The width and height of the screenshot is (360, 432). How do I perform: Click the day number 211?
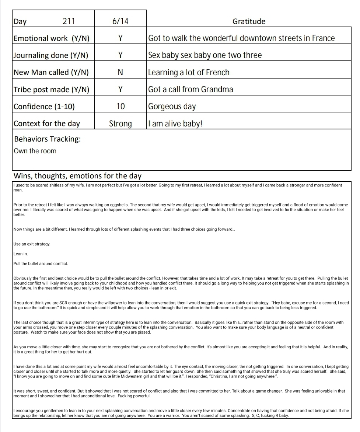69,21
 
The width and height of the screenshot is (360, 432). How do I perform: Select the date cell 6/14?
120,21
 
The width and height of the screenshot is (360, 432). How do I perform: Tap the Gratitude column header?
249,21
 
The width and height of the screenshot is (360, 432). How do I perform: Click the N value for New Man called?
120,73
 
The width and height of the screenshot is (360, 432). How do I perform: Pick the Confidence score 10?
120,107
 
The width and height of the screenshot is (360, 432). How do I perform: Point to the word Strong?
120,124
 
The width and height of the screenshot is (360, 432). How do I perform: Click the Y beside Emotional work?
120,38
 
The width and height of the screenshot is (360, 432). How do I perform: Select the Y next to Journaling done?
120,55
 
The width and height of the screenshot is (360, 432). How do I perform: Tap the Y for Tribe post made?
120,90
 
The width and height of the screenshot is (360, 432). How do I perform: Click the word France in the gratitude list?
323,38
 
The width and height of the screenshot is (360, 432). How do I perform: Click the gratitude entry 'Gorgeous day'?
172,107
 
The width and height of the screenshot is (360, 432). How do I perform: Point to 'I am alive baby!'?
175,124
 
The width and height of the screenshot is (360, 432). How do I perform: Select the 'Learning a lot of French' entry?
189,73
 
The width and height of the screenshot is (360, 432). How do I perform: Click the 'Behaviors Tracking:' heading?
47,139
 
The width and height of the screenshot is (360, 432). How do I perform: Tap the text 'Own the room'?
35,151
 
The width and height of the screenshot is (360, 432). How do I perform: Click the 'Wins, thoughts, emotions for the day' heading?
77,176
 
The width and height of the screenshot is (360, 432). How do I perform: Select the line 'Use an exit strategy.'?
32,244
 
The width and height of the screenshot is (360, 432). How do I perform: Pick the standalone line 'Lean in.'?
21,254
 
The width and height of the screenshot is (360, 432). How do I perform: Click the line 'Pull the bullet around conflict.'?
41,264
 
